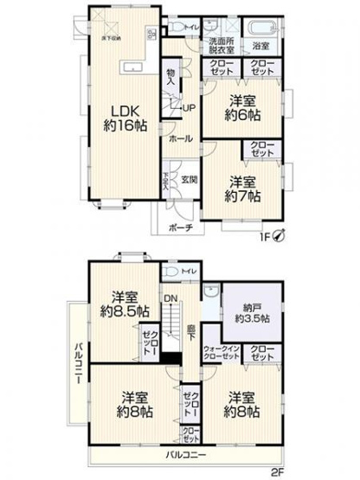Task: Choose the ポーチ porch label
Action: tap(180, 228)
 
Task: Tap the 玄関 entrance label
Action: tap(190, 180)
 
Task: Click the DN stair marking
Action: tap(171, 300)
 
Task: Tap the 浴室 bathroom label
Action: tap(260, 46)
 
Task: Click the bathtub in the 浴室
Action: tap(260, 26)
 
